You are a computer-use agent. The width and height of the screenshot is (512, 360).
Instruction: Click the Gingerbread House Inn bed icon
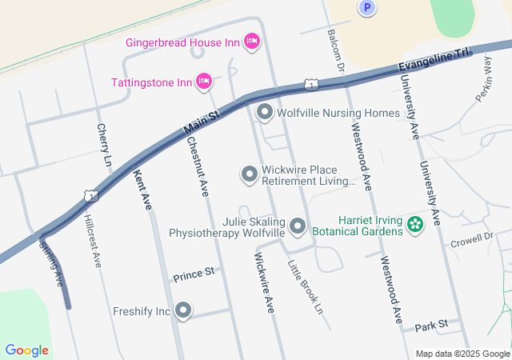(x=251, y=41)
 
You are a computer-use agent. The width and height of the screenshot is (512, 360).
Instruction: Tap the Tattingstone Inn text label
(x=151, y=82)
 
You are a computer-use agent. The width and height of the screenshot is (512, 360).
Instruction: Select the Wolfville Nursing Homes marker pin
(x=265, y=113)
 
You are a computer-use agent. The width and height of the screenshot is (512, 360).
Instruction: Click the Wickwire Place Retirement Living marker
(x=250, y=174)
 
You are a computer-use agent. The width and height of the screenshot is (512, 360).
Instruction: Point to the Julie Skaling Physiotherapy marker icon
(x=298, y=226)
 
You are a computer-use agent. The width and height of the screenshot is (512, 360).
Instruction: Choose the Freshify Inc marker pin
(x=184, y=310)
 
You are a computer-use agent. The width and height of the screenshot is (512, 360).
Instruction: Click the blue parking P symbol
(x=366, y=7)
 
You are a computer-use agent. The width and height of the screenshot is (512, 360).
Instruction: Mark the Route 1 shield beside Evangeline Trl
(x=310, y=84)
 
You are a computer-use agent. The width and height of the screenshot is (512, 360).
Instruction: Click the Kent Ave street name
(x=142, y=189)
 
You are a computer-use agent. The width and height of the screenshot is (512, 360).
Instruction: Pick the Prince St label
(x=194, y=273)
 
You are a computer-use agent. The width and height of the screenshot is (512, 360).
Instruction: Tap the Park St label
(x=430, y=325)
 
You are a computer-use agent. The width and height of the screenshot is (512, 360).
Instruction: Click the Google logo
(x=27, y=350)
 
